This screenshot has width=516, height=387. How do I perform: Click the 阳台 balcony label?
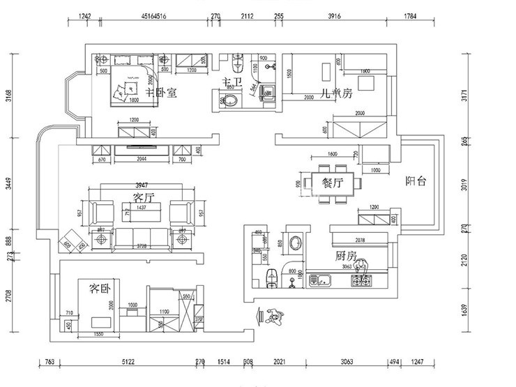coord(416,181)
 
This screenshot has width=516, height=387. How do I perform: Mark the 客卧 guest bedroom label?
coord(100,288)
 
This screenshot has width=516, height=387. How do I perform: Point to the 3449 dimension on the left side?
coord(9,183)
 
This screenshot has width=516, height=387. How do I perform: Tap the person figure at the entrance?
coord(273,316)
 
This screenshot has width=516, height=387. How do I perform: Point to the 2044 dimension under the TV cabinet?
coord(142,160)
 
